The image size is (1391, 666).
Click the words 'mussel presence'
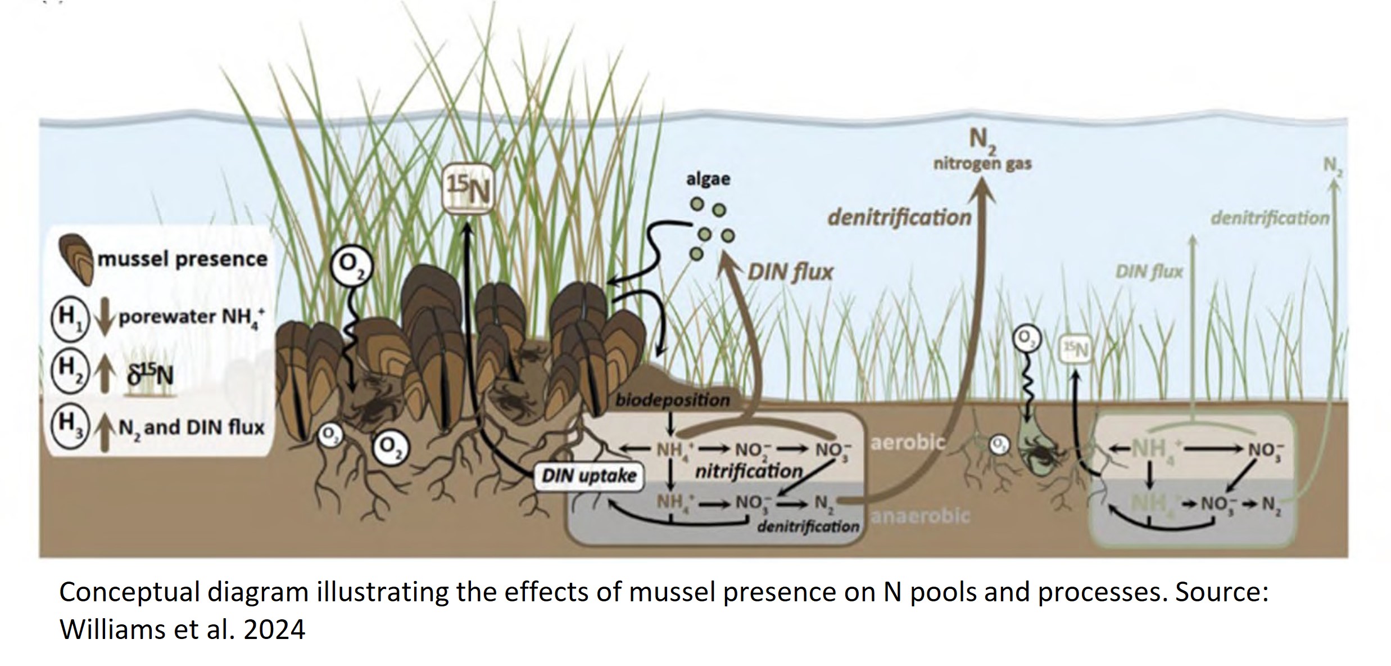point(183,259)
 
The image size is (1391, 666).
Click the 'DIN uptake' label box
point(588,476)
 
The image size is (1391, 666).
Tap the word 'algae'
point(708,179)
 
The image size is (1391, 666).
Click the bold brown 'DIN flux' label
point(790,273)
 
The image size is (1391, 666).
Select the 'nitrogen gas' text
point(982,164)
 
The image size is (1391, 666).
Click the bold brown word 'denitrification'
point(899,217)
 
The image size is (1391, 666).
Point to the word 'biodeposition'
point(672,400)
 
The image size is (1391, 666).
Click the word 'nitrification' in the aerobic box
point(749,471)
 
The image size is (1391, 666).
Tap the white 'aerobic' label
point(908,443)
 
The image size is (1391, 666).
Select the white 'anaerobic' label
point(919,515)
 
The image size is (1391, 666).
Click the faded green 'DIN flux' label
point(1149,273)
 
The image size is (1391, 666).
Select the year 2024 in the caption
point(274,629)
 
